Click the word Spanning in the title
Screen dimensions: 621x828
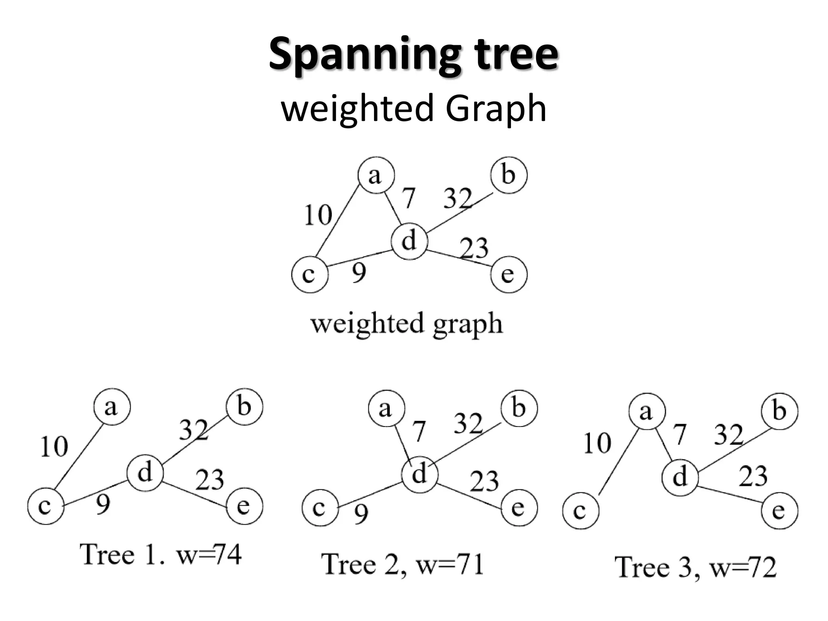click(364, 55)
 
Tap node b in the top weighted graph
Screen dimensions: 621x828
click(509, 175)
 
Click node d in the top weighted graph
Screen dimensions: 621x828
click(409, 241)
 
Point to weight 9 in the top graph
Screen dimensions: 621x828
click(359, 273)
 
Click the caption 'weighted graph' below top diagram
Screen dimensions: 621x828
click(406, 323)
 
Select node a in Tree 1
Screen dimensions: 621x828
click(112, 407)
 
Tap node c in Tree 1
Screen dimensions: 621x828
click(46, 506)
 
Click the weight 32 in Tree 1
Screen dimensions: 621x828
click(193, 430)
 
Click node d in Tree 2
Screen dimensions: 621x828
click(420, 473)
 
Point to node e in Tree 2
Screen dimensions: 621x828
click(519, 508)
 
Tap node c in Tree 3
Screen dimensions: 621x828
click(580, 511)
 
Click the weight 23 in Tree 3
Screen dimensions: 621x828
click(753, 476)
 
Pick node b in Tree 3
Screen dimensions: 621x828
click(779, 411)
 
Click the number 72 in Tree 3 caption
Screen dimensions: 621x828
click(762, 567)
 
